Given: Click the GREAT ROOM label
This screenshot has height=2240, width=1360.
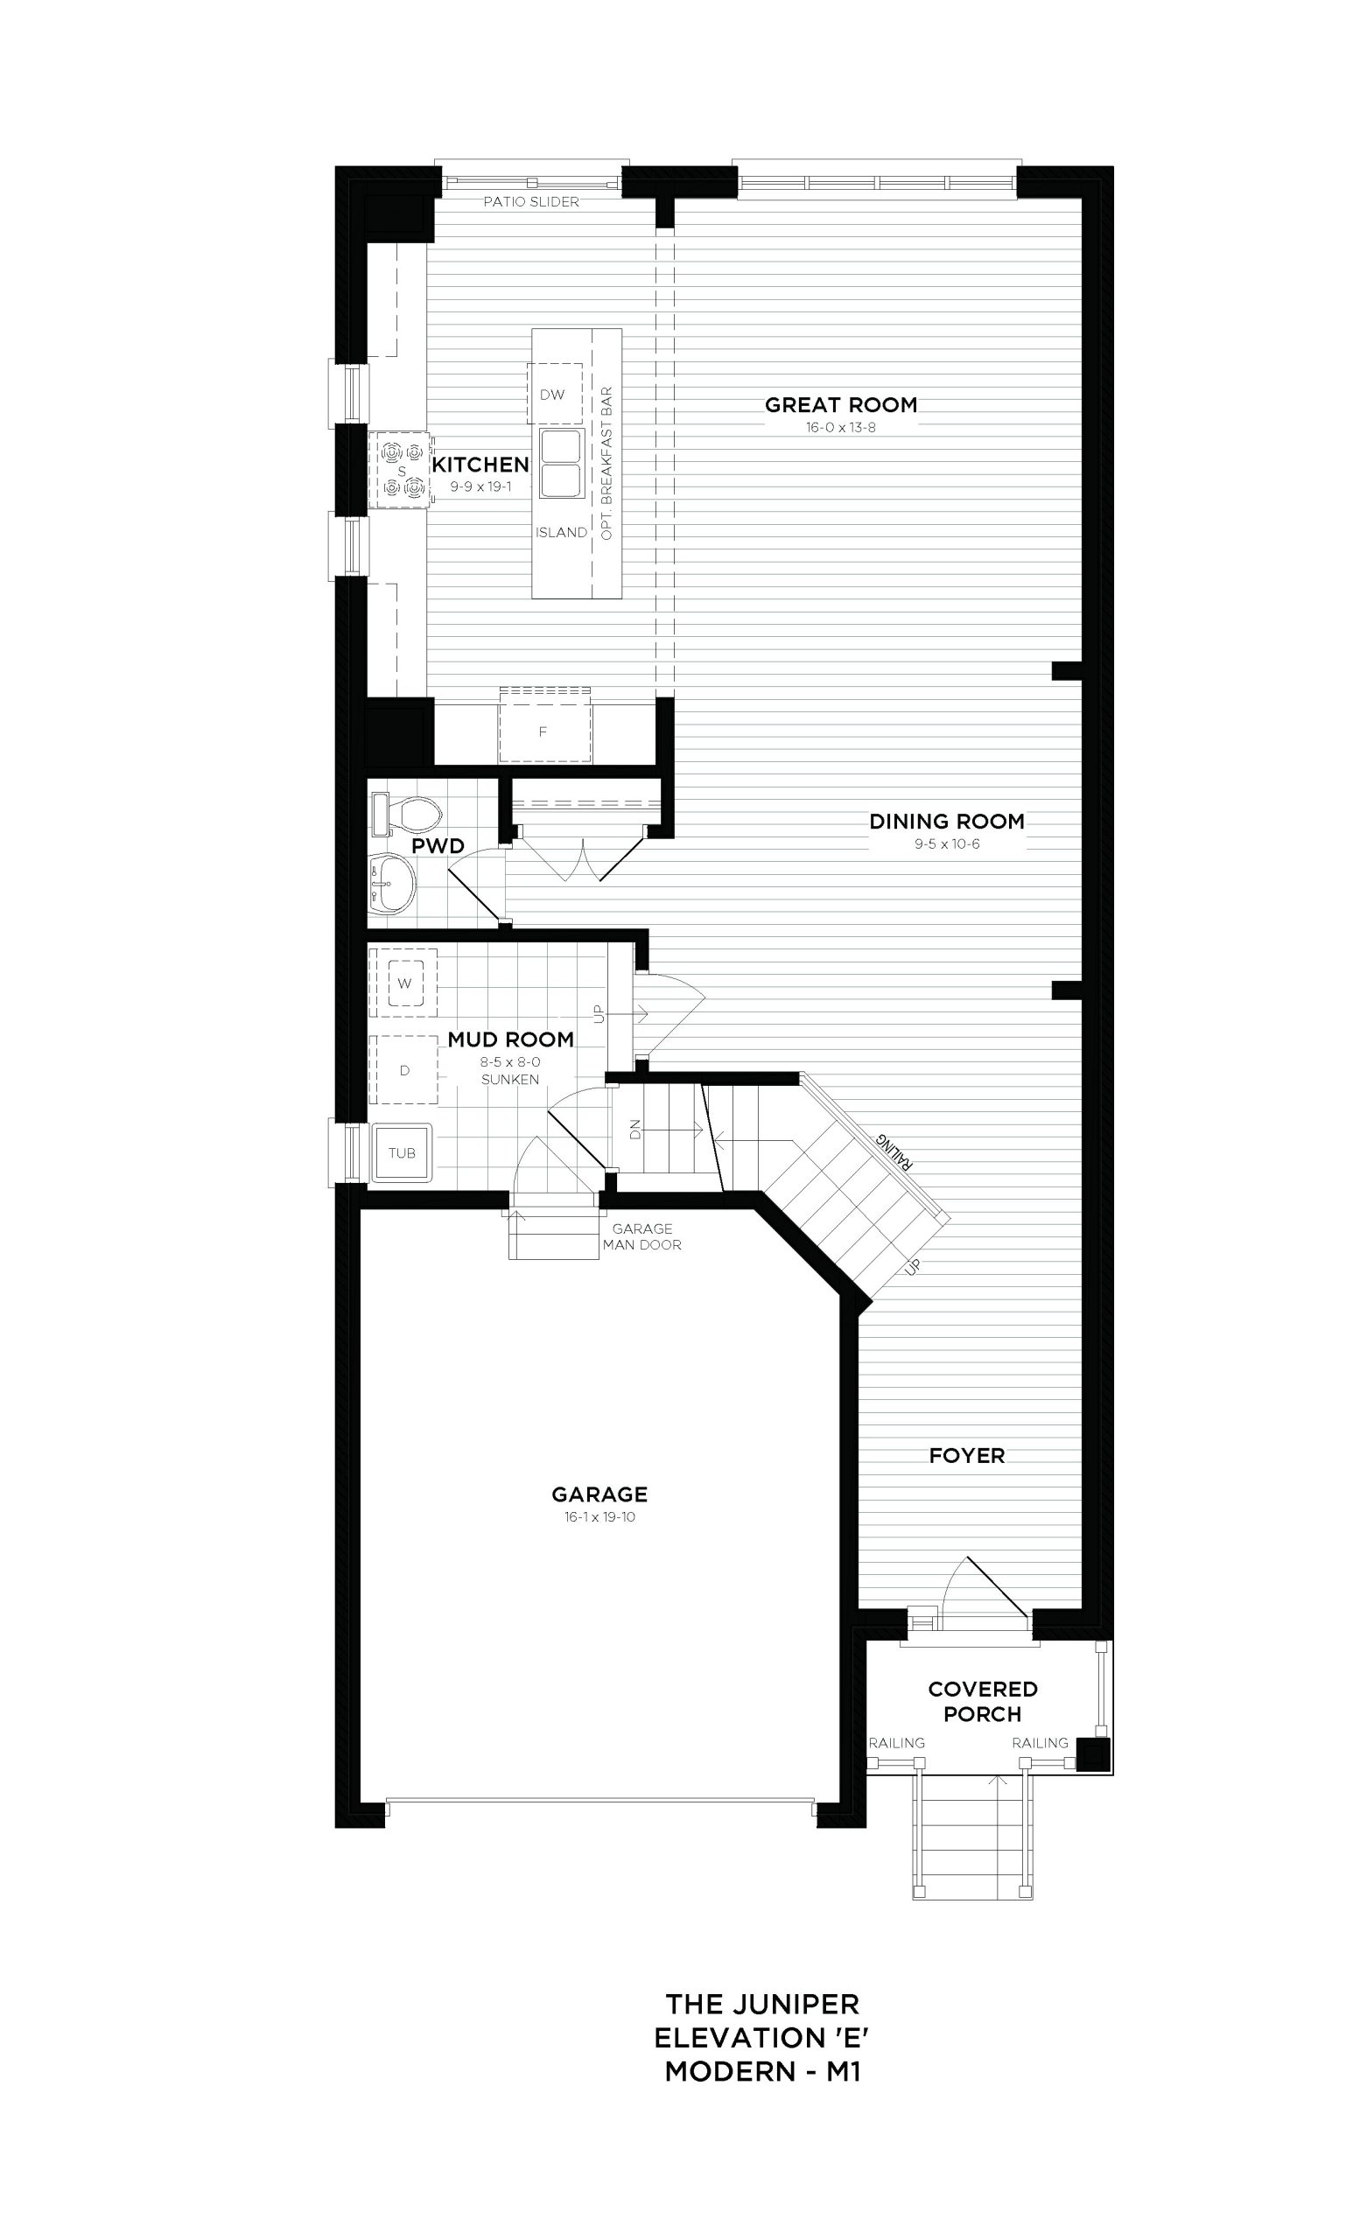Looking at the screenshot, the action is pos(841,404).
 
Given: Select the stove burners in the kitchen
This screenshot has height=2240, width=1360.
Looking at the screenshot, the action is pos(400,469).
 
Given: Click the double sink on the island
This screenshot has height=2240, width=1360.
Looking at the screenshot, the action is pos(561,464).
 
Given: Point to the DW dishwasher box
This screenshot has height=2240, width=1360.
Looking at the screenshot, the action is pos(554,394).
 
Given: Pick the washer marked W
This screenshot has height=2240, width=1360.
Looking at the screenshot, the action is pos(404,983).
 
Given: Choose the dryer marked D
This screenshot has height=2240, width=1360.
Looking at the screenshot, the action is pos(404,1070).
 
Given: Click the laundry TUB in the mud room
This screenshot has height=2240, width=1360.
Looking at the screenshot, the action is pos(402,1152).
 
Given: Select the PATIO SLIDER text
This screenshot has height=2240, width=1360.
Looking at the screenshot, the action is pos(531,202).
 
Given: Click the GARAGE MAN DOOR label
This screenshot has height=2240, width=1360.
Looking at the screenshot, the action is pos(641,1237).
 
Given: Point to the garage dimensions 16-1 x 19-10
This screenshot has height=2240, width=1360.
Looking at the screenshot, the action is pos(599,1517).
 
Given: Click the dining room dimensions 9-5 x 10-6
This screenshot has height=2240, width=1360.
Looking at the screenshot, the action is pos(946,844).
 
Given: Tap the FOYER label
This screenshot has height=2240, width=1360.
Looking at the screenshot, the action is pos(966,1455).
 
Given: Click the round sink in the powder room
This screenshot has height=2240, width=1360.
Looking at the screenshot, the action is pos(395,881).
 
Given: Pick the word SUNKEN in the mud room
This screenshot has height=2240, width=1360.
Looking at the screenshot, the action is pos(510,1080).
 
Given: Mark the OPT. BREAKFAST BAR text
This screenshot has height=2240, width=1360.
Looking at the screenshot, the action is pos(606,464).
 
